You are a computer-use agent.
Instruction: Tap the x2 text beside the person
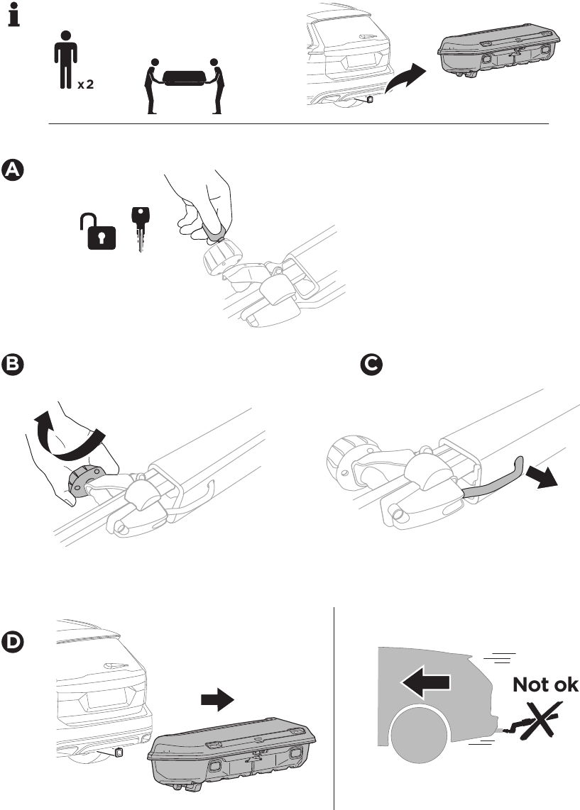point(85,84)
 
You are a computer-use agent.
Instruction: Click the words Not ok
point(545,685)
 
